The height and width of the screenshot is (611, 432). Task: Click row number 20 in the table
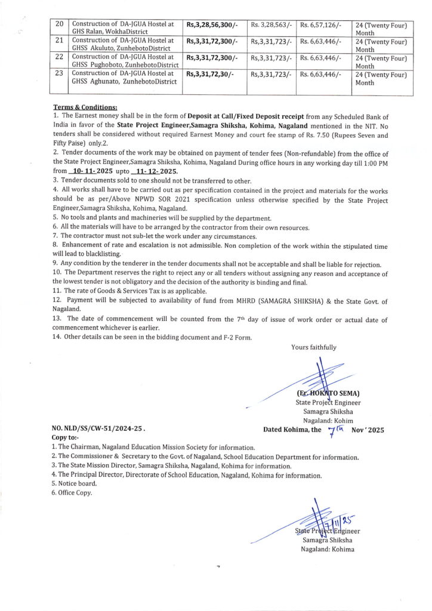tap(58, 24)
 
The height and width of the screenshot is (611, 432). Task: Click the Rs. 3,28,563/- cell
tap(271, 24)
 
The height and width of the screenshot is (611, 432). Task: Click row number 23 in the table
tap(58, 75)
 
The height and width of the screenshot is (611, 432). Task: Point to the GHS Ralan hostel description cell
tap(123, 28)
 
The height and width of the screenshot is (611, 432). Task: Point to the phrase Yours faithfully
tap(313, 347)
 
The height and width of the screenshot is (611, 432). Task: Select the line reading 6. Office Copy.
tap(72, 493)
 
